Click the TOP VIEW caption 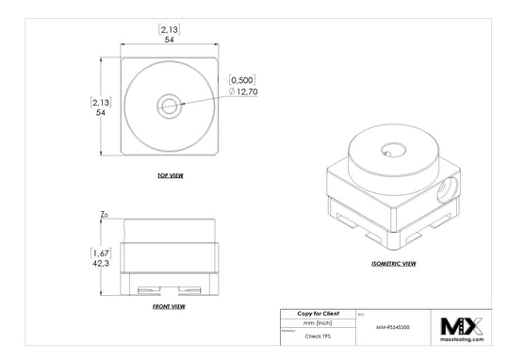[x=170, y=176]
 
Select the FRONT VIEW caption [x=169, y=307]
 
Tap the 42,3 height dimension [x=99, y=265]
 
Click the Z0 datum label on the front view [x=104, y=216]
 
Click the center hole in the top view [x=170, y=105]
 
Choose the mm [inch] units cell [x=317, y=323]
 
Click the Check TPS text [x=317, y=335]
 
